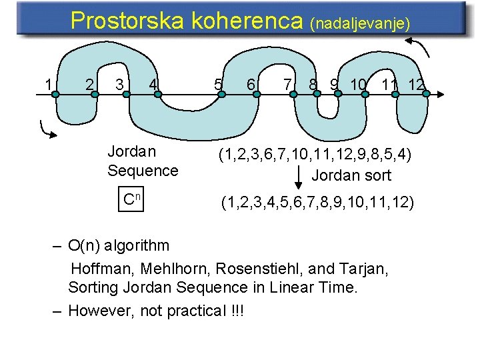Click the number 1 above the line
48,84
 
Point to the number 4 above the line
153,84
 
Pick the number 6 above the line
251,85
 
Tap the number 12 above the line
417,85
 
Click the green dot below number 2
95,95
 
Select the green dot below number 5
223,95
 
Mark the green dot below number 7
292,95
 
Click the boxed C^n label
134,199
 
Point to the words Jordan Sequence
143,161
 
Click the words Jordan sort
351,176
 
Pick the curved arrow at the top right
421,49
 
